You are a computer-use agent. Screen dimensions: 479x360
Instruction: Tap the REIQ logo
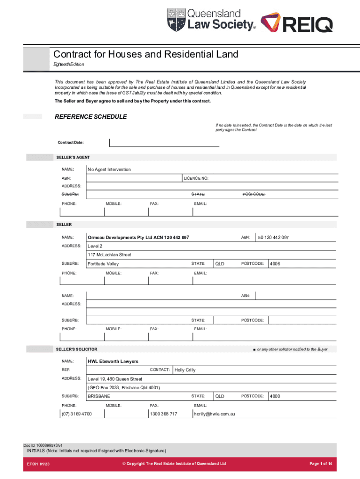tap(296, 22)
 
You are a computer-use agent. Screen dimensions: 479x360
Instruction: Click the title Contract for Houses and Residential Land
tap(145, 54)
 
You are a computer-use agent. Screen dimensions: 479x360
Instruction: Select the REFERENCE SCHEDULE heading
tap(91, 116)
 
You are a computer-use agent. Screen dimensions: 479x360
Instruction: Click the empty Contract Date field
tap(164, 142)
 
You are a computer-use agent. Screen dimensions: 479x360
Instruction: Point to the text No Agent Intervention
tap(109, 169)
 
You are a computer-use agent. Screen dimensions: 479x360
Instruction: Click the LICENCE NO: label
tap(196, 178)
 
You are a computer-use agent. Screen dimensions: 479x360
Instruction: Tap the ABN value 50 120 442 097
tap(274, 238)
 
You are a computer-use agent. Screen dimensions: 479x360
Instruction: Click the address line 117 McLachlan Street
tap(109, 255)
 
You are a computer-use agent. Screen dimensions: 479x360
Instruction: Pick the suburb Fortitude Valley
tap(103, 264)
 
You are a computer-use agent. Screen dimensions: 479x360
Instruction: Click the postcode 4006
tap(275, 264)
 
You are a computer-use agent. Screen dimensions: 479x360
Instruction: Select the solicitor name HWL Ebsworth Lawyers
tap(113, 361)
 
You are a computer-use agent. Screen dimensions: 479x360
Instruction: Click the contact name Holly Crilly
tap(185, 370)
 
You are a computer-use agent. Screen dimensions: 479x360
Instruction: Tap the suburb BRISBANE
tap(99, 396)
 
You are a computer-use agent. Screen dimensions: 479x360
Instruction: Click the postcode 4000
tap(275, 396)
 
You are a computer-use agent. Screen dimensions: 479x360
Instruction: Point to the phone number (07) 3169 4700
tap(77, 414)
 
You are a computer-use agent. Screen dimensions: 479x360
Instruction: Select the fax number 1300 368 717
tap(163, 414)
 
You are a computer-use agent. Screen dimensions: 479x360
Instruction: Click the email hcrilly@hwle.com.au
tap(214, 414)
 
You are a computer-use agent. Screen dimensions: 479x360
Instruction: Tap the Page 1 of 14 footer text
tap(321, 464)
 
